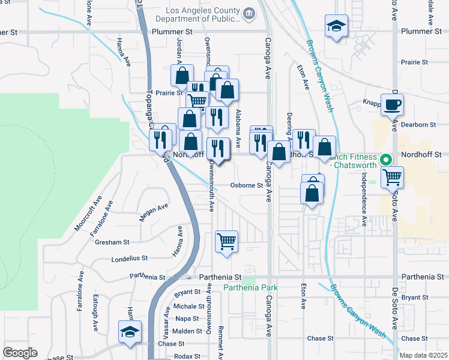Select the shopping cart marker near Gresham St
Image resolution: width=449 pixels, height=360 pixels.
[x=226, y=242]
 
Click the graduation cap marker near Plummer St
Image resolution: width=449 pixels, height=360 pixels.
[x=336, y=26]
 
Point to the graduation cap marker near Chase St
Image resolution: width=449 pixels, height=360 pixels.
[x=130, y=332]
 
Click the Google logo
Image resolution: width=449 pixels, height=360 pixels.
[x=20, y=353]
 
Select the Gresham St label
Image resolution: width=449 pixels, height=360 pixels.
[x=112, y=242]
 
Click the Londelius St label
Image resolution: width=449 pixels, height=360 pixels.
[x=130, y=259]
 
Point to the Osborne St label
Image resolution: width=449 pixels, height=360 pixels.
[x=247, y=185]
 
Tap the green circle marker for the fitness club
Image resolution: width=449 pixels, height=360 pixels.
[x=387, y=160]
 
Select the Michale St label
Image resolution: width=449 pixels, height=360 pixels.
[x=190, y=306]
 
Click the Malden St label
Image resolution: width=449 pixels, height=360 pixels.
[x=187, y=331]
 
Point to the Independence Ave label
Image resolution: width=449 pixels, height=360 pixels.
[x=364, y=199]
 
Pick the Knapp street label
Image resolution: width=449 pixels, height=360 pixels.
[x=372, y=103]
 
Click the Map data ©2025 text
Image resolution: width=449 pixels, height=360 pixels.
[x=423, y=355]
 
